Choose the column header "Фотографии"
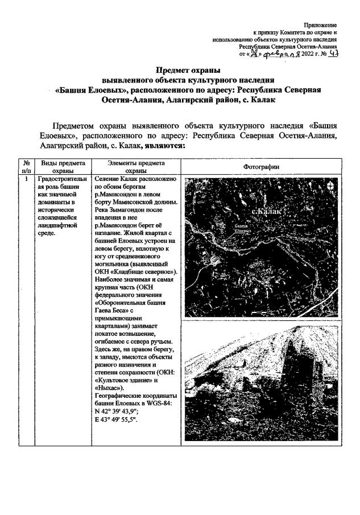261,166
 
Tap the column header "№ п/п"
26,166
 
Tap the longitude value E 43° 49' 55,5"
121,419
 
